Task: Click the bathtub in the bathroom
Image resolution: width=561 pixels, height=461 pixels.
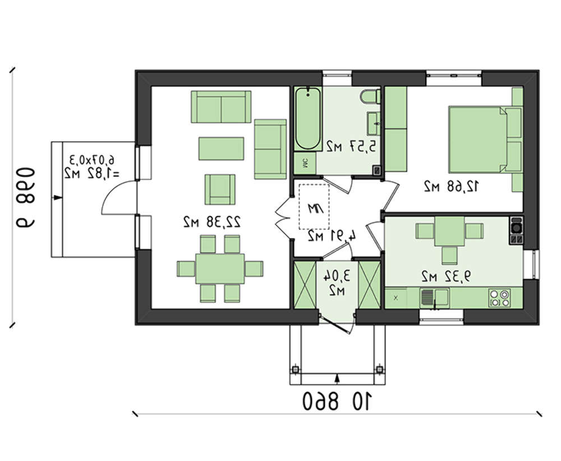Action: point(308,119)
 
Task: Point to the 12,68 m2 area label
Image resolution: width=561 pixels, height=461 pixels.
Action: point(452,187)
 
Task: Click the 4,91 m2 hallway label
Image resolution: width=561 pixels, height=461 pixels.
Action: point(332,236)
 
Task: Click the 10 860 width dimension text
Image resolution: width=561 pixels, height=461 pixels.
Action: point(338,400)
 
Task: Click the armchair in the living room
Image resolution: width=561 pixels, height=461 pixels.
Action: point(219,188)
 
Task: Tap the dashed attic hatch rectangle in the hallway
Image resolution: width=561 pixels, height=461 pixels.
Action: point(315,206)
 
